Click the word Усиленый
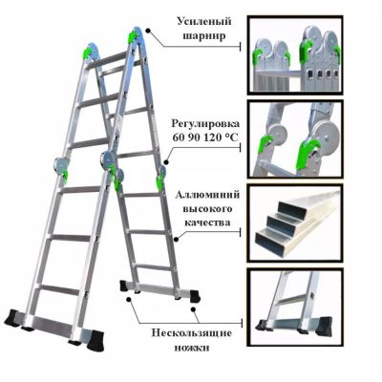203,23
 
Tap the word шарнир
204,35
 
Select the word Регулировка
205,124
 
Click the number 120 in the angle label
214,138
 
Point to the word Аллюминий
207,195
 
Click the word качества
207,223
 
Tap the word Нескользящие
192,333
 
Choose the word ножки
192,348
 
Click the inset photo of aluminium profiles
296,223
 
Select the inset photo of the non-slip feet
296,307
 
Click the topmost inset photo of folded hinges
296,55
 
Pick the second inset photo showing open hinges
296,139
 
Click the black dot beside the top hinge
148,31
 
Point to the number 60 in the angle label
179,138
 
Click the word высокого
207,209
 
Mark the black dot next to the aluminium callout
177,239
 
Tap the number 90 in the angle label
195,138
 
